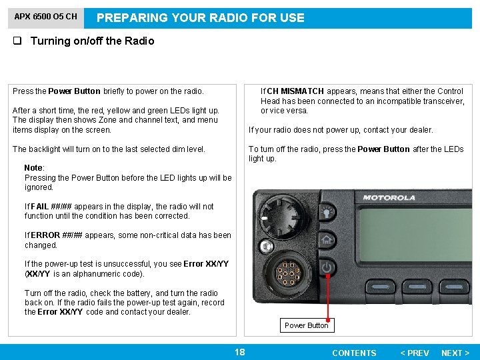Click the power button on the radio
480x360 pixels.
click(327, 267)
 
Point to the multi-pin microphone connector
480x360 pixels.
click(286, 273)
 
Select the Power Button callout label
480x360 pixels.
click(306, 325)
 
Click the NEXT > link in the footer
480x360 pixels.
click(455, 353)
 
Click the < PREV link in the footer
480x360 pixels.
click(414, 353)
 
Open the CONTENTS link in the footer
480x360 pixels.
click(354, 353)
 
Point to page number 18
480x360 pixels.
click(239, 352)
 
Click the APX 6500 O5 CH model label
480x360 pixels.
click(46, 17)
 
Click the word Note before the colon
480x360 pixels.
click(33, 168)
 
